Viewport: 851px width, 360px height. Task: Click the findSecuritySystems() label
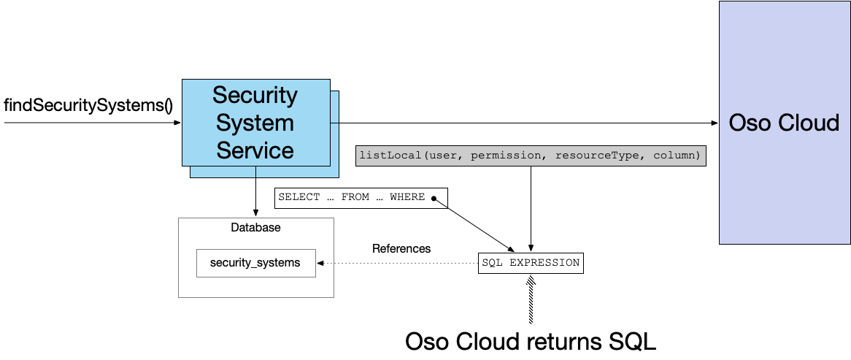pyautogui.click(x=88, y=104)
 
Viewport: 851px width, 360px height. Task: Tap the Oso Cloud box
pyautogui.click(x=784, y=122)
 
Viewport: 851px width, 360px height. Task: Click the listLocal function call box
pyautogui.click(x=531, y=156)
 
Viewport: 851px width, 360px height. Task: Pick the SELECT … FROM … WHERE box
pyautogui.click(x=361, y=197)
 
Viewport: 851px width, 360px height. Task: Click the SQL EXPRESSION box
pyautogui.click(x=531, y=263)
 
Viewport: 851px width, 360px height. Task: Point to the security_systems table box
pyautogui.click(x=255, y=263)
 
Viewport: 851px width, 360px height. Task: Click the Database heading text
pyautogui.click(x=255, y=228)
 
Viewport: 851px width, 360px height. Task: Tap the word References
pyautogui.click(x=401, y=248)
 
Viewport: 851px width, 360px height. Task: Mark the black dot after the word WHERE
pyautogui.click(x=434, y=198)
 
